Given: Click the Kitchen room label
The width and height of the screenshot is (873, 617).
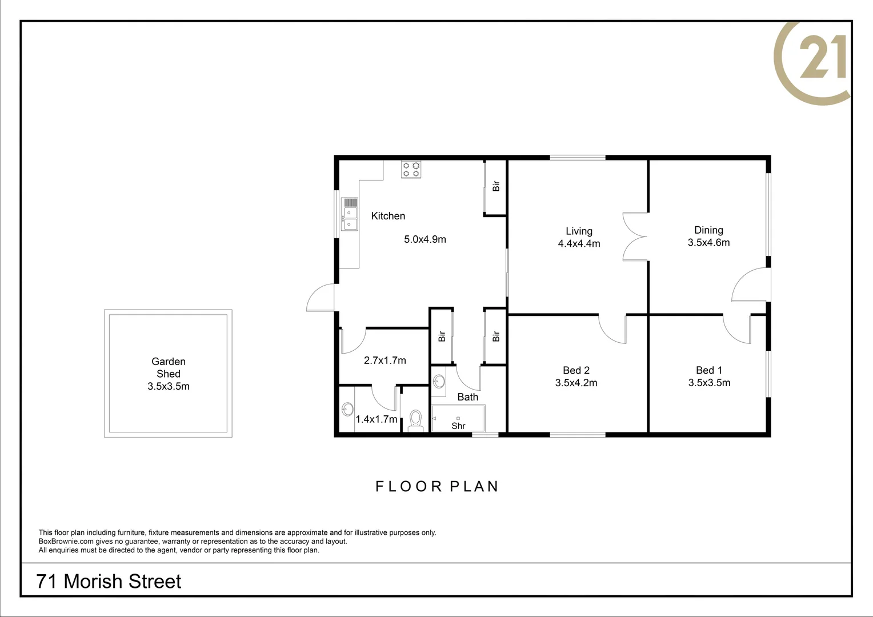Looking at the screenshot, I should tap(388, 216).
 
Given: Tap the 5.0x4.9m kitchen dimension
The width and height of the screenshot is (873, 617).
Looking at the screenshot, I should tap(425, 239).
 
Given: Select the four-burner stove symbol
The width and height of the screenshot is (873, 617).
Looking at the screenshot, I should tap(411, 169).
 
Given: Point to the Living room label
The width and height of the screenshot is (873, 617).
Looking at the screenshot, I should tap(579, 231).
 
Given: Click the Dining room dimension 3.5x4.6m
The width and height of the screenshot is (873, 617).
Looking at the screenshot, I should tap(708, 242).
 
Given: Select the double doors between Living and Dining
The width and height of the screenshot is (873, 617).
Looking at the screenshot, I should tap(635, 237).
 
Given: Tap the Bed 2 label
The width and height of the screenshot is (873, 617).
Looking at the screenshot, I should tap(576, 370).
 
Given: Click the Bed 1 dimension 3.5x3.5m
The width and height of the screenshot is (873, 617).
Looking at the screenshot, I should tap(709, 383).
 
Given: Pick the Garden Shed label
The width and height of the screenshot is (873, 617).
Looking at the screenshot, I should tap(168, 367).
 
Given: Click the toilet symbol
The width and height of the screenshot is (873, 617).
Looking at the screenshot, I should tap(415, 420).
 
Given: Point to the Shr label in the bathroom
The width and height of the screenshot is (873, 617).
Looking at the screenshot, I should tap(458, 426).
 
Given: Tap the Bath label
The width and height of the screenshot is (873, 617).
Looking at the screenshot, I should tap(467, 396).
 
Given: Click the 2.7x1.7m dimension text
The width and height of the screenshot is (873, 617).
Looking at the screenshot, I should tap(385, 360).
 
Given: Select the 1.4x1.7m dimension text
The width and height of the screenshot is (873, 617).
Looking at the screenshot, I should tap(376, 419).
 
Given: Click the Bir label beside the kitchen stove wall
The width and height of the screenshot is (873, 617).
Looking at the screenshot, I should tap(496, 186).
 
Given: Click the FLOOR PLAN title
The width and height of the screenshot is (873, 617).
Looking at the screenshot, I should tap(437, 486).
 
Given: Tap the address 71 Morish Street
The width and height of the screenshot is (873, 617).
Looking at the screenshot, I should tap(109, 581).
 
